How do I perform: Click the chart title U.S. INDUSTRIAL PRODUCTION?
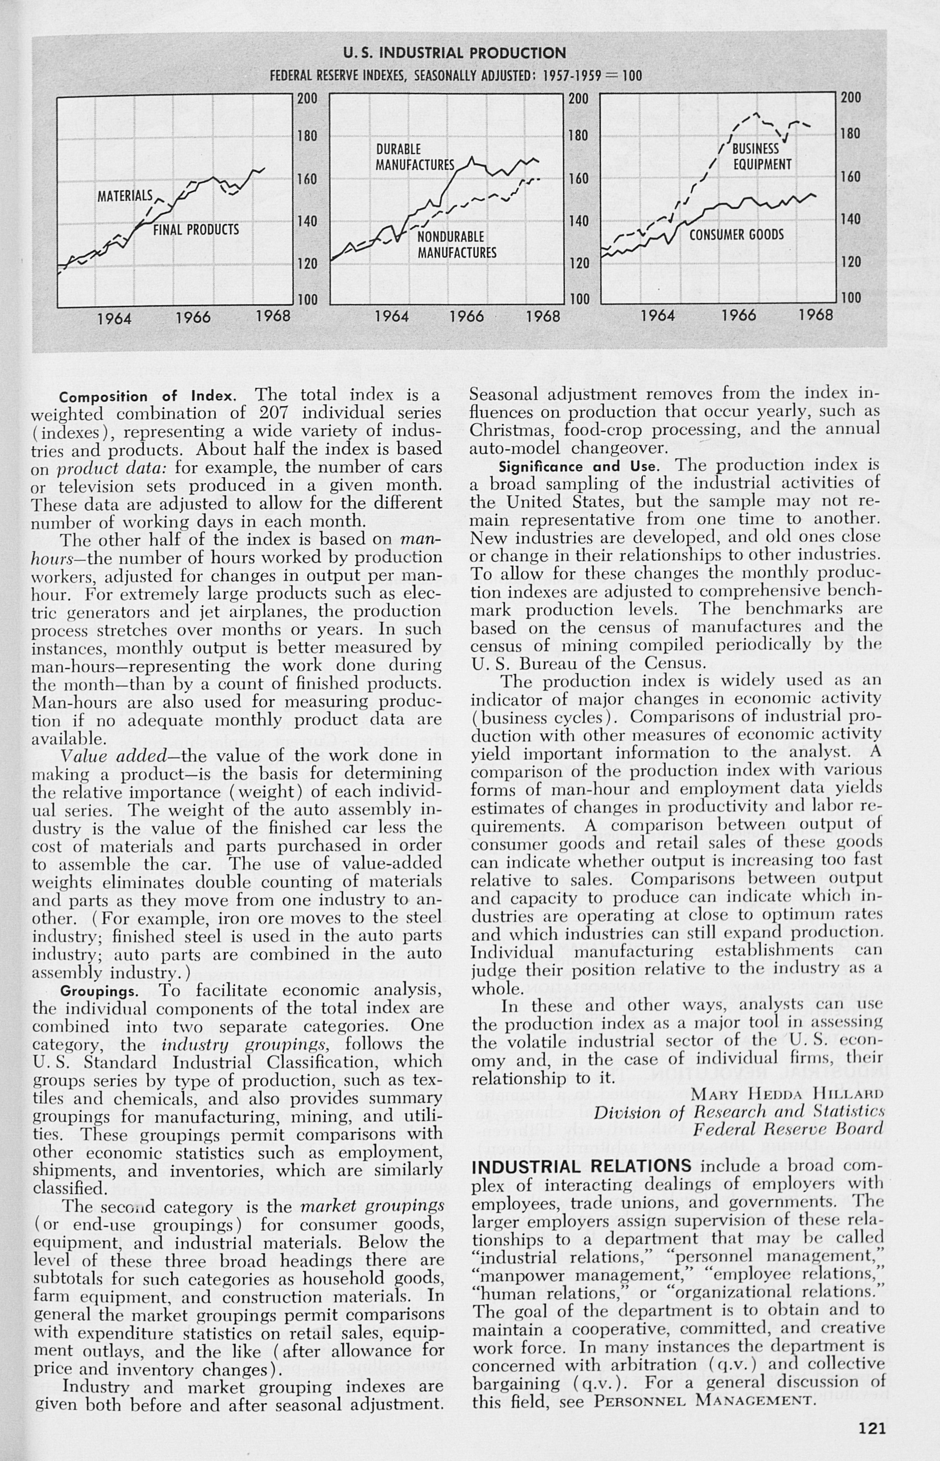point(454,53)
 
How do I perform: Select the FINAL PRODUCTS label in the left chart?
point(195,230)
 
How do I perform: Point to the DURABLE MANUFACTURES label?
point(415,157)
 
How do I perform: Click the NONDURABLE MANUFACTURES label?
point(457,245)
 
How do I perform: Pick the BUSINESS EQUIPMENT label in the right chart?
point(761,156)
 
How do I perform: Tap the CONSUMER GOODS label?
point(736,235)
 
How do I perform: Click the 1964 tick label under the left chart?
point(114,319)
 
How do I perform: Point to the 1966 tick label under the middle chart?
point(467,317)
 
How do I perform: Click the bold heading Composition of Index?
point(146,396)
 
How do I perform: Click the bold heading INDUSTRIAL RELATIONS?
point(582,1166)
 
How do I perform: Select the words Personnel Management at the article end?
point(705,1383)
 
